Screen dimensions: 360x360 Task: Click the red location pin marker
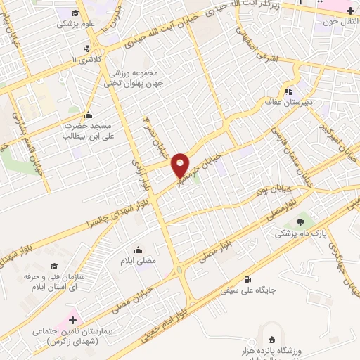coord(181,165)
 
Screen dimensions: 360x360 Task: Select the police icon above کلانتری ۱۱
coord(86,49)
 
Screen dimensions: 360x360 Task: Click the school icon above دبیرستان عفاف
coord(288,91)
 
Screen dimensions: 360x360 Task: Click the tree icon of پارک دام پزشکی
coord(304,223)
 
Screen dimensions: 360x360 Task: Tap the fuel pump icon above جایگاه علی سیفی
coord(245,278)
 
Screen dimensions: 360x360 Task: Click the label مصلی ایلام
coord(136,259)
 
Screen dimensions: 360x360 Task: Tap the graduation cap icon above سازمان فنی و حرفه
coord(54,266)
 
